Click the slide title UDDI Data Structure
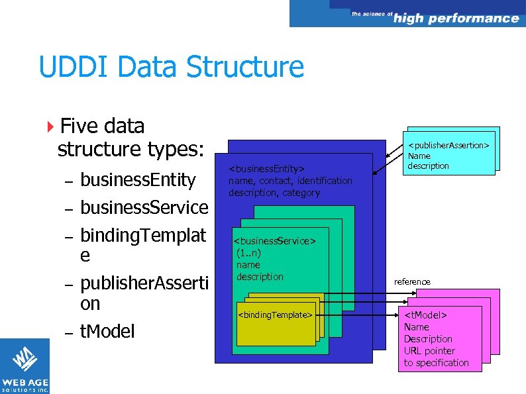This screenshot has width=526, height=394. coord(171,68)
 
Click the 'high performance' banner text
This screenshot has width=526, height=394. coord(456,18)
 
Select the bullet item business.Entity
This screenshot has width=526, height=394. coord(138,180)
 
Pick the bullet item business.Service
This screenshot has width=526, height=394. coord(144,207)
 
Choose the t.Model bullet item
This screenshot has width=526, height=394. coord(107,331)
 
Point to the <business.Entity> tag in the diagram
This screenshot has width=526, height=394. coord(266,168)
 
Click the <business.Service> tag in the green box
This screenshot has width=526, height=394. coord(274,241)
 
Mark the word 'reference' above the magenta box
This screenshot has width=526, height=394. coord(412,281)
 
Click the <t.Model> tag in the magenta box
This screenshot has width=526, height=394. coord(425,315)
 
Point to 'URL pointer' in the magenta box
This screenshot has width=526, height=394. coord(429,351)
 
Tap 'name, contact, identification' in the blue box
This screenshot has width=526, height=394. coord(290,181)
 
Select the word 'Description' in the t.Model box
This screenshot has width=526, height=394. coord(428,339)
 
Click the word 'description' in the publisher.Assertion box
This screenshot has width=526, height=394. coord(428,166)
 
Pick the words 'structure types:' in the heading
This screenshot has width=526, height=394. coord(130,150)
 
